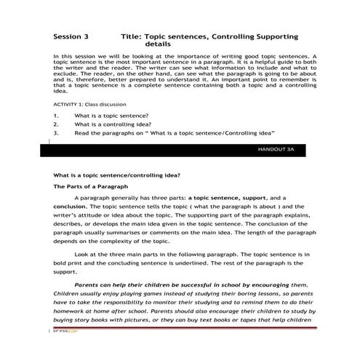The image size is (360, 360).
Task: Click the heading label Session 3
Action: (x=71, y=35)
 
